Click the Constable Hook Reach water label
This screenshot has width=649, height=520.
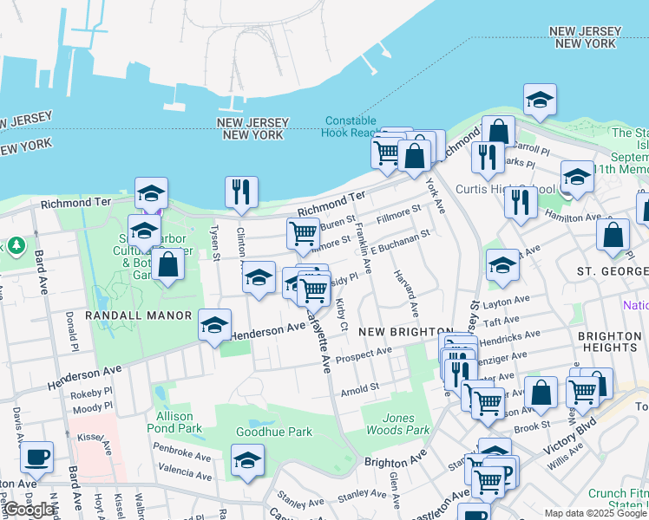(x=352, y=127)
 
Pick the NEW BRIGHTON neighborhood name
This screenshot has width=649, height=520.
(x=405, y=332)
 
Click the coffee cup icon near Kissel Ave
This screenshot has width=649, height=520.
(x=36, y=457)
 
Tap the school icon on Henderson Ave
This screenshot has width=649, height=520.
(x=214, y=325)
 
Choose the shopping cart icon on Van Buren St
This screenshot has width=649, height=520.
(x=303, y=233)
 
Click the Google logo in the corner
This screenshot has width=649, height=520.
(x=29, y=510)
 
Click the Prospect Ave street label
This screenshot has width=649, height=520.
(x=365, y=354)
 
